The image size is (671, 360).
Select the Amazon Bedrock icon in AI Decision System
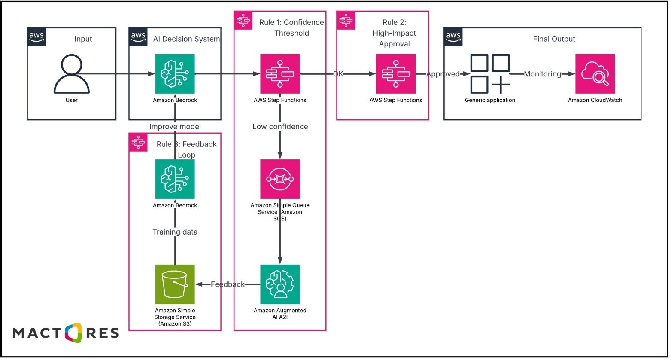(x=175, y=73)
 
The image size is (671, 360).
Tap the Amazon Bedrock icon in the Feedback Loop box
(x=175, y=179)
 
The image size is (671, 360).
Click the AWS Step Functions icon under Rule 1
(x=280, y=73)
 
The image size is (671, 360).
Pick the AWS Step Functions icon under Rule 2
(x=395, y=73)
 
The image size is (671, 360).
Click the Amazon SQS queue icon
(x=280, y=179)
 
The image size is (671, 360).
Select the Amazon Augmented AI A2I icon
(x=280, y=284)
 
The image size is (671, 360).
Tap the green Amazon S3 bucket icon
(x=175, y=284)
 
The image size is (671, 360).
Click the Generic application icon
(x=490, y=73)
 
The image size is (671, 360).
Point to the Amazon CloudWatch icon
(x=595, y=73)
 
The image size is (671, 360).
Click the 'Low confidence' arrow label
(x=280, y=127)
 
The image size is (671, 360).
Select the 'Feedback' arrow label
(x=228, y=284)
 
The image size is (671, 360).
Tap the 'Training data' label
(x=175, y=232)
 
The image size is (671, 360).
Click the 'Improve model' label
(x=175, y=127)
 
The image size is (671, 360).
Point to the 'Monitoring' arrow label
(x=542, y=74)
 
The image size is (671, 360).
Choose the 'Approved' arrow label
(x=443, y=74)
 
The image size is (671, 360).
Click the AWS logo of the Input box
(x=36, y=37)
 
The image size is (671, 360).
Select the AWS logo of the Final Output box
(x=453, y=37)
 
